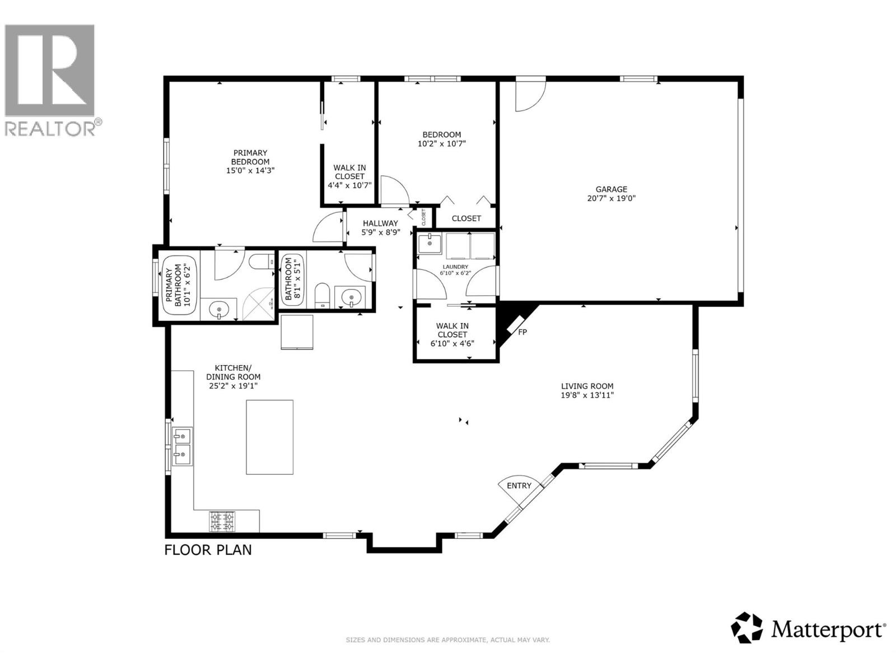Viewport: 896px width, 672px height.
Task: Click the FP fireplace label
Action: (522, 332)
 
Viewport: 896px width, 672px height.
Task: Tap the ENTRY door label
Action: (519, 486)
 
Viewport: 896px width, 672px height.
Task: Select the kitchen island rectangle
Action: (270, 437)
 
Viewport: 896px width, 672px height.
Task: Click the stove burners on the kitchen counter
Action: (222, 521)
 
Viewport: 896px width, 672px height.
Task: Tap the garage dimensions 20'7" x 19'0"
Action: (611, 198)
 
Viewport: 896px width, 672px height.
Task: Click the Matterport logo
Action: (809, 629)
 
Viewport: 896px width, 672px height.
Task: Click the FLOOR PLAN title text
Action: (208, 550)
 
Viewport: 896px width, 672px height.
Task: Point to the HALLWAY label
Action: (380, 223)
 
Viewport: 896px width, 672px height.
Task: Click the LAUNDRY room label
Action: (455, 267)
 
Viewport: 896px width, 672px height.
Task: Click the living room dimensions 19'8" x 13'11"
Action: (587, 395)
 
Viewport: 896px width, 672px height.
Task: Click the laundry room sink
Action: (430, 243)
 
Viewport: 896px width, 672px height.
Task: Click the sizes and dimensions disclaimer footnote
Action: (447, 640)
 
